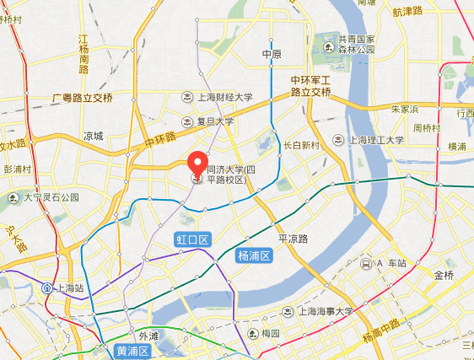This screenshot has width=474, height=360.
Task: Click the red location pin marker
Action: click(x=197, y=164)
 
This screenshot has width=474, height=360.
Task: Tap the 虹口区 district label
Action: click(x=191, y=240)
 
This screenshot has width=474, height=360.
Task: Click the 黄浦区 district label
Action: click(x=132, y=351)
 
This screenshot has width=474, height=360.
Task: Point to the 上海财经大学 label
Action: click(x=224, y=97)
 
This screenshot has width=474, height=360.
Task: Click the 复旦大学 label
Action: click(x=215, y=121)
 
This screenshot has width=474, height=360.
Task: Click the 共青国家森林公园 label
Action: click(x=355, y=44)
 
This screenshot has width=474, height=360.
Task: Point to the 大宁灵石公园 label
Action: click(x=50, y=197)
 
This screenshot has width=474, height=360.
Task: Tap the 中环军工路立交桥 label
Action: click(x=310, y=85)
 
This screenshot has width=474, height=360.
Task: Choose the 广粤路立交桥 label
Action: click(x=82, y=98)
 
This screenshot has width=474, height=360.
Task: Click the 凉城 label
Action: click(x=93, y=136)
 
